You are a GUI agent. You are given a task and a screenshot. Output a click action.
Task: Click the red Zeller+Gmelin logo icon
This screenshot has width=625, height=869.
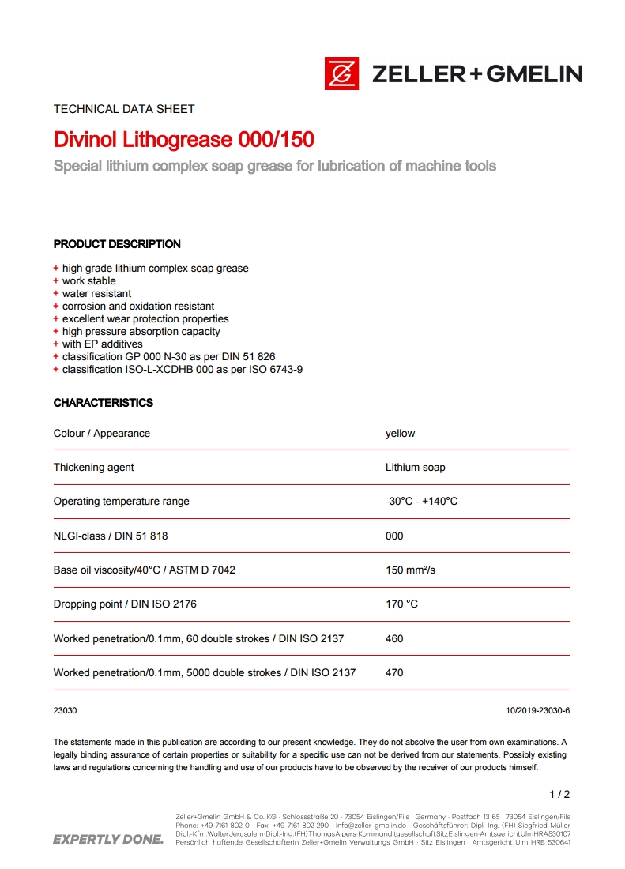(x=341, y=73)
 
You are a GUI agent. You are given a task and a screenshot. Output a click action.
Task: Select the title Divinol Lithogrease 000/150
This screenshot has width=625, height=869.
(x=183, y=140)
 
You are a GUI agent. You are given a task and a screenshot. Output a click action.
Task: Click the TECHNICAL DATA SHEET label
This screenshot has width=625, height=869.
(x=124, y=109)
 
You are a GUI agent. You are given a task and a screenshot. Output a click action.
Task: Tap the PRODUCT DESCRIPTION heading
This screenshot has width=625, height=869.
(x=117, y=244)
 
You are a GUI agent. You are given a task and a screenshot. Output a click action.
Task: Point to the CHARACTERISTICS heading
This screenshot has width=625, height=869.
(x=104, y=403)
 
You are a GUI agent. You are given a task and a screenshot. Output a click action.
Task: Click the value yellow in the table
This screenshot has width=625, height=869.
(x=400, y=434)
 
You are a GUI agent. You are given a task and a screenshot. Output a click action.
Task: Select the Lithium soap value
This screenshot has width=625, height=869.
(x=415, y=468)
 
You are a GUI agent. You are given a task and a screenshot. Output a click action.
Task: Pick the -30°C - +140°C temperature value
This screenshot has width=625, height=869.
(x=422, y=502)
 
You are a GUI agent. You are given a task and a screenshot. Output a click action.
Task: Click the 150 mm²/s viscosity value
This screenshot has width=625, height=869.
(x=410, y=570)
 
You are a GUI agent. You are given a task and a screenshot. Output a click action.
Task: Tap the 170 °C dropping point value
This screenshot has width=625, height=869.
(x=401, y=604)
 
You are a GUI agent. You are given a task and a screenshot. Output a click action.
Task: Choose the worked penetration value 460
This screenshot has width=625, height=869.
(x=394, y=638)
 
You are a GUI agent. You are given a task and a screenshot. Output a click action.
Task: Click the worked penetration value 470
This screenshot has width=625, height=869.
(x=394, y=673)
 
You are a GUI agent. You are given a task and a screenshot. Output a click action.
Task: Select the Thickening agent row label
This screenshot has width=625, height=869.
(x=94, y=468)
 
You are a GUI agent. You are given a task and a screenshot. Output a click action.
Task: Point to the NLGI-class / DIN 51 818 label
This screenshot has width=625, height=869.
(x=111, y=536)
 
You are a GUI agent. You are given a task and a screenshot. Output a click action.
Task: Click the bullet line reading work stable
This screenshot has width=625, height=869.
(x=89, y=281)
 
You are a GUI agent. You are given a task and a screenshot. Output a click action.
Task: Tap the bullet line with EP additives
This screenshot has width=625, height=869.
(x=103, y=344)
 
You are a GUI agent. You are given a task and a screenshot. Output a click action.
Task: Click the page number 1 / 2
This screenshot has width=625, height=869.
(x=559, y=794)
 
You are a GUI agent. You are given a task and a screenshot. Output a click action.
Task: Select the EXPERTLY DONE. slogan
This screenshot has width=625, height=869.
(x=108, y=839)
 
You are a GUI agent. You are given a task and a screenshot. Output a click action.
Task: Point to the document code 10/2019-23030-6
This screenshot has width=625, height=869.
(x=537, y=710)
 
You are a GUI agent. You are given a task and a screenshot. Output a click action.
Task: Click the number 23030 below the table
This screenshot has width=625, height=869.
(x=66, y=710)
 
